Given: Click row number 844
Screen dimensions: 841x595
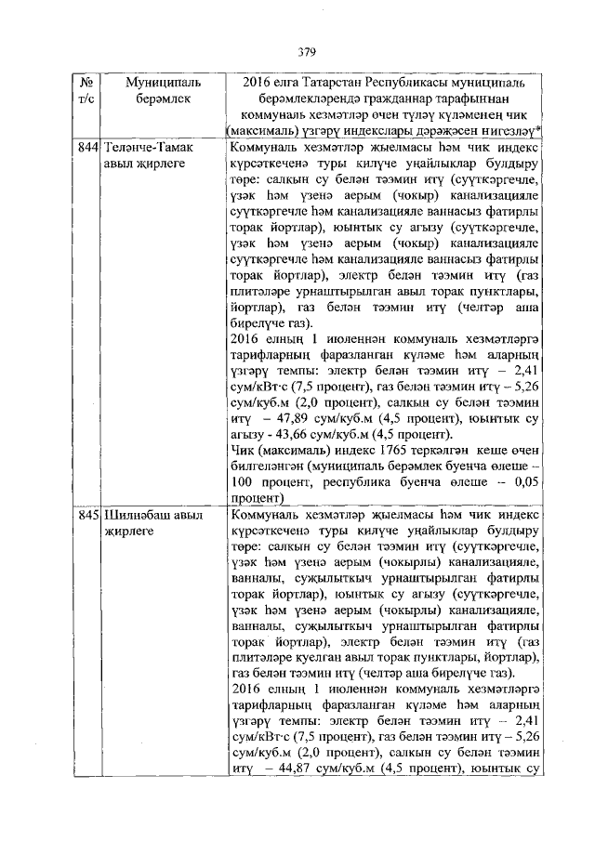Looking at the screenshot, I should pos(89,147).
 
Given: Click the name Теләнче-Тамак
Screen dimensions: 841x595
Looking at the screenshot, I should pos(147,147).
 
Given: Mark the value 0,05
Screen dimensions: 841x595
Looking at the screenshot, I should pos(526,483).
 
